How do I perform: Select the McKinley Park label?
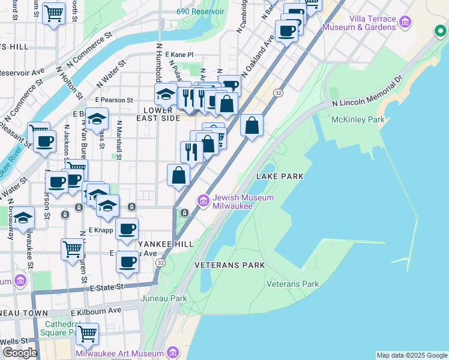point(358,119)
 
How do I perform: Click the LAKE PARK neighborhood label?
point(279,176)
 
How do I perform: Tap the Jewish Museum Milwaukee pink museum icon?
point(203,200)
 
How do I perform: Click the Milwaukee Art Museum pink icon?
point(173,352)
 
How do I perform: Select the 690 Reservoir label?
point(200,11)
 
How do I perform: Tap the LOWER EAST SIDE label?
point(161,114)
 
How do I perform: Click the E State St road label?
point(107,287)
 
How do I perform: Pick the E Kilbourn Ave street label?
point(95,311)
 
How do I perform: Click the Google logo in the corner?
point(19,352)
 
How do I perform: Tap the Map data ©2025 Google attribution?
point(412,355)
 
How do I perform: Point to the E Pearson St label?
point(113,100)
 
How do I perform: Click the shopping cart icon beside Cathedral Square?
point(88,333)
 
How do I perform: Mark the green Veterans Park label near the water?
point(292,284)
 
